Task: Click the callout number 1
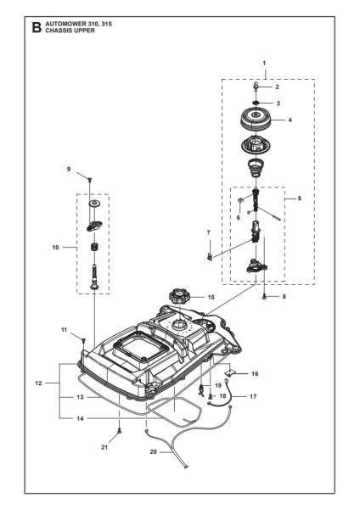point(264,64)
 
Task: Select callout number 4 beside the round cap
point(290,120)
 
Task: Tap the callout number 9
point(70,170)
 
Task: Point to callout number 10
point(56,248)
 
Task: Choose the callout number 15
point(211,297)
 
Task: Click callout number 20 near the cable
point(154,451)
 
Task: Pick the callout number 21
point(104,446)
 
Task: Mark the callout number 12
point(38,384)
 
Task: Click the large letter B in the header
point(37,28)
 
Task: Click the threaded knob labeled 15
point(179,296)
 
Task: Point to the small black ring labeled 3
point(256,103)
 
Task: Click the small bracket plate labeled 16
point(209,371)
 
